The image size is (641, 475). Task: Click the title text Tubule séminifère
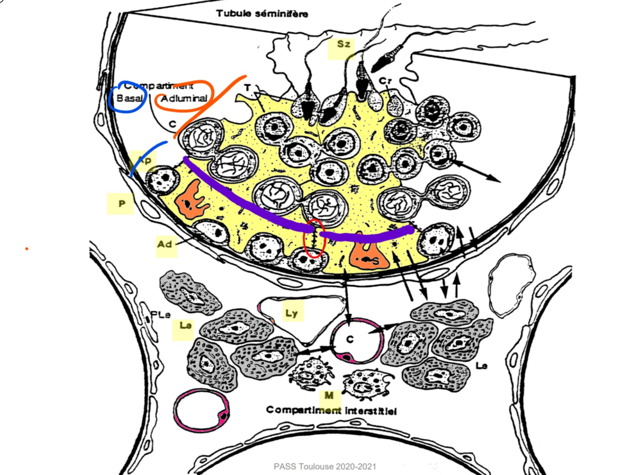pyautogui.click(x=253, y=12)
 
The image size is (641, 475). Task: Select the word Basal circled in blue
pyautogui.click(x=128, y=98)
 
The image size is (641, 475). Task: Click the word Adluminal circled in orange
pyautogui.click(x=184, y=99)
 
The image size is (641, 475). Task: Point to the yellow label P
pyautogui.click(x=121, y=204)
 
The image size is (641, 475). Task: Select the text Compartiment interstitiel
pyautogui.click(x=331, y=410)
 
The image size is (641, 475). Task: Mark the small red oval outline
pyautogui.click(x=313, y=239)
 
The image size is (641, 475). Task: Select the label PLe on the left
pyautogui.click(x=160, y=315)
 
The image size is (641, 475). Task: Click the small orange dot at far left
pyautogui.click(x=26, y=248)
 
